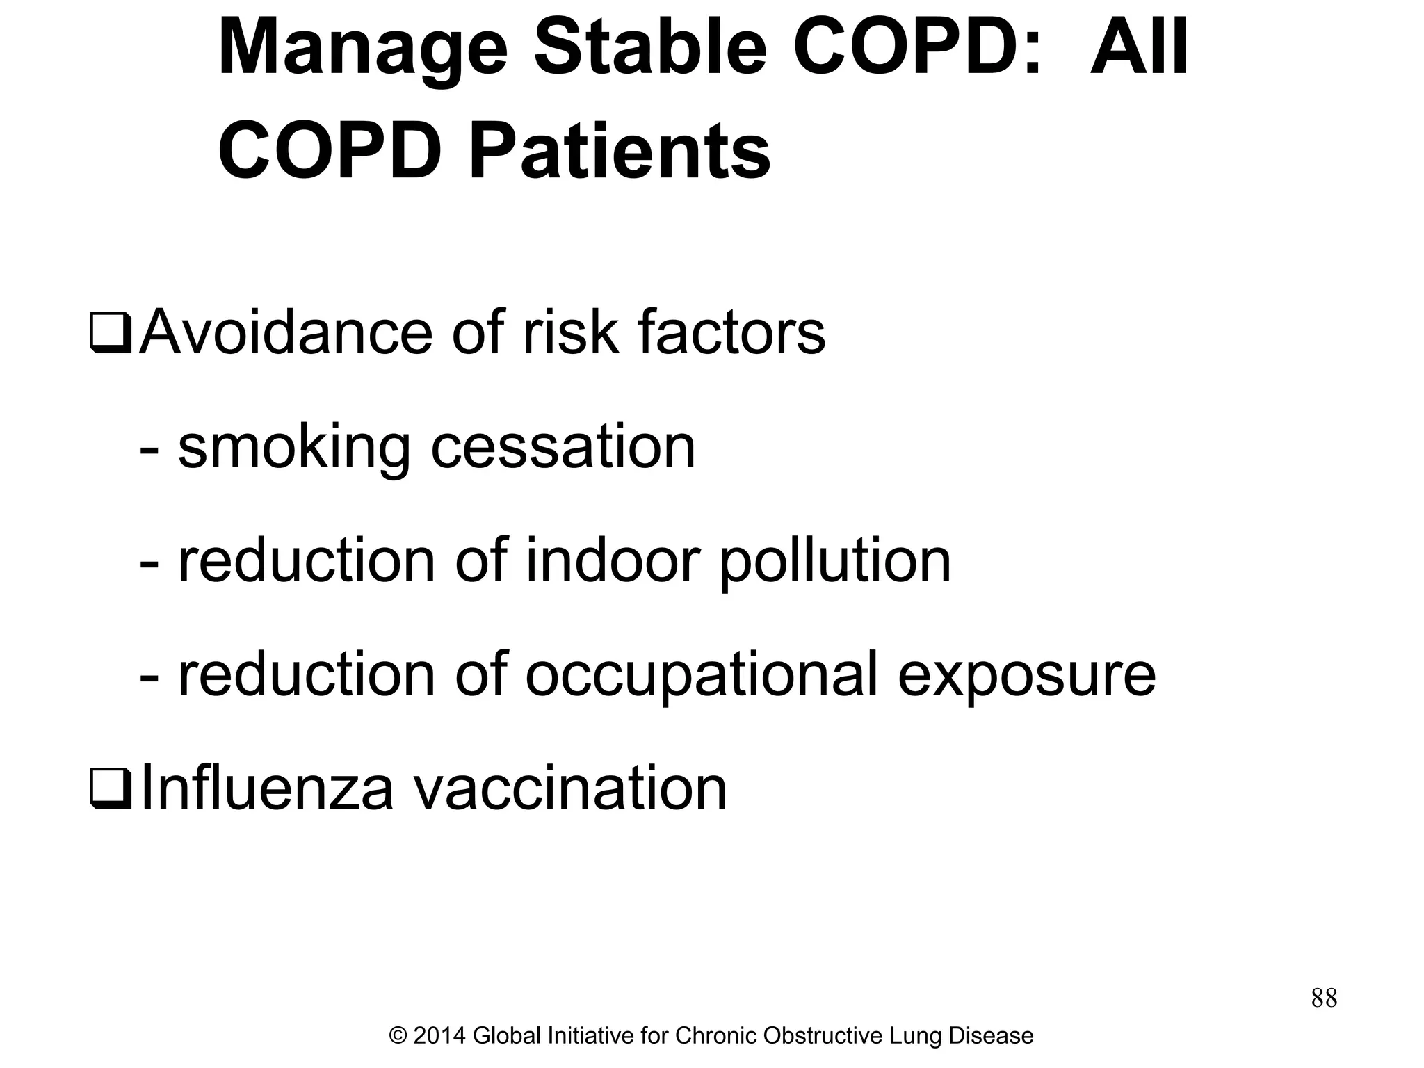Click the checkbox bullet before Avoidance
pos(111,334)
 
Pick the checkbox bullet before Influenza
pos(111,791)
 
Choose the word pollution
pos(834,562)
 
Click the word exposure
pos(1026,675)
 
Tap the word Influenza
pos(267,788)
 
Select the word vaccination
pos(570,788)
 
